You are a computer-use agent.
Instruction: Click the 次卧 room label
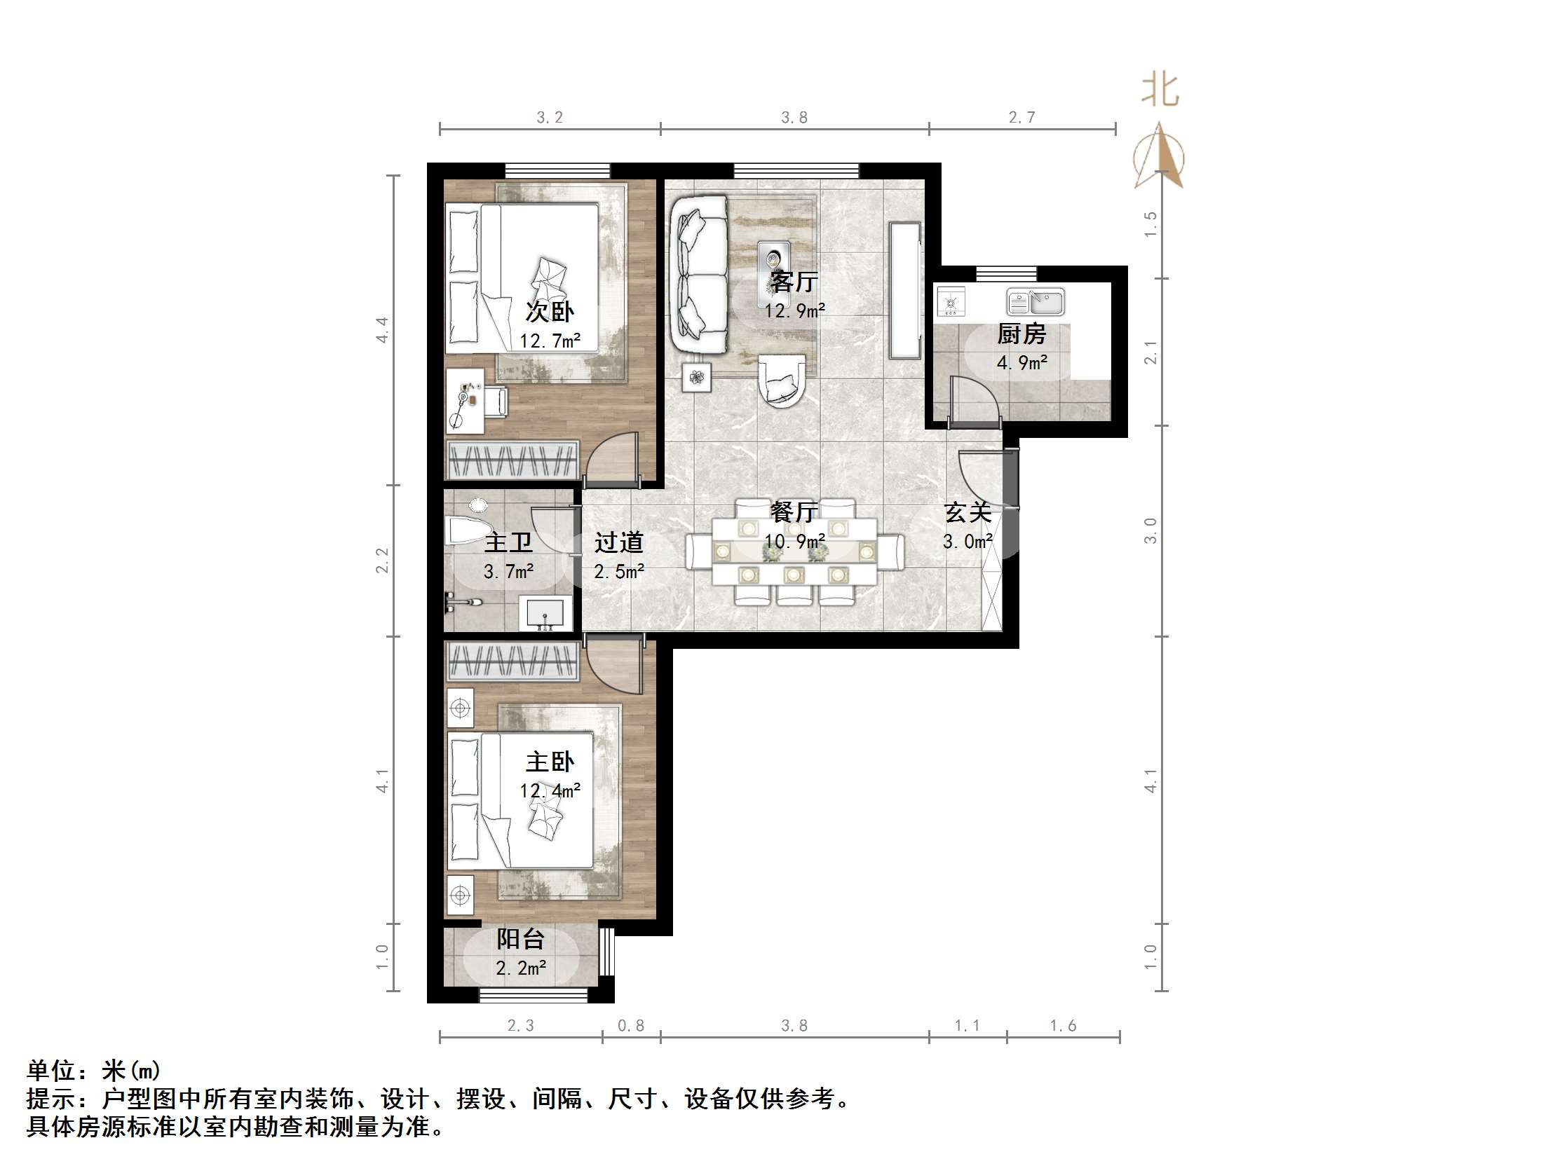click(550, 311)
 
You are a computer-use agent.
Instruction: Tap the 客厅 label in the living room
click(794, 282)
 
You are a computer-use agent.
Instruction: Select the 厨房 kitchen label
click(1021, 334)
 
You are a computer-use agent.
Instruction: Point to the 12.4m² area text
click(550, 790)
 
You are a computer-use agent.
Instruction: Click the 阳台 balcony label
click(520, 939)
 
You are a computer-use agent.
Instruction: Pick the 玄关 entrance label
click(967, 512)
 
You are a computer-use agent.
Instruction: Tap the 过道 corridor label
click(618, 542)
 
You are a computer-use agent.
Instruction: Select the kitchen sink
click(1035, 301)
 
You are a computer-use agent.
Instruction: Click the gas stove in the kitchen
click(951, 301)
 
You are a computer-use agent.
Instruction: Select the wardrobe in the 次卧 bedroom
click(513, 461)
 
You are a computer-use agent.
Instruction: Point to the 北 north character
click(1160, 90)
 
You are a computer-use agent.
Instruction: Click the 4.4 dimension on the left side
click(381, 329)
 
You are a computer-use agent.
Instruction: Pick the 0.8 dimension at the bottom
click(630, 1025)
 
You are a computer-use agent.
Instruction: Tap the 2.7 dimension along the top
click(1021, 118)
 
